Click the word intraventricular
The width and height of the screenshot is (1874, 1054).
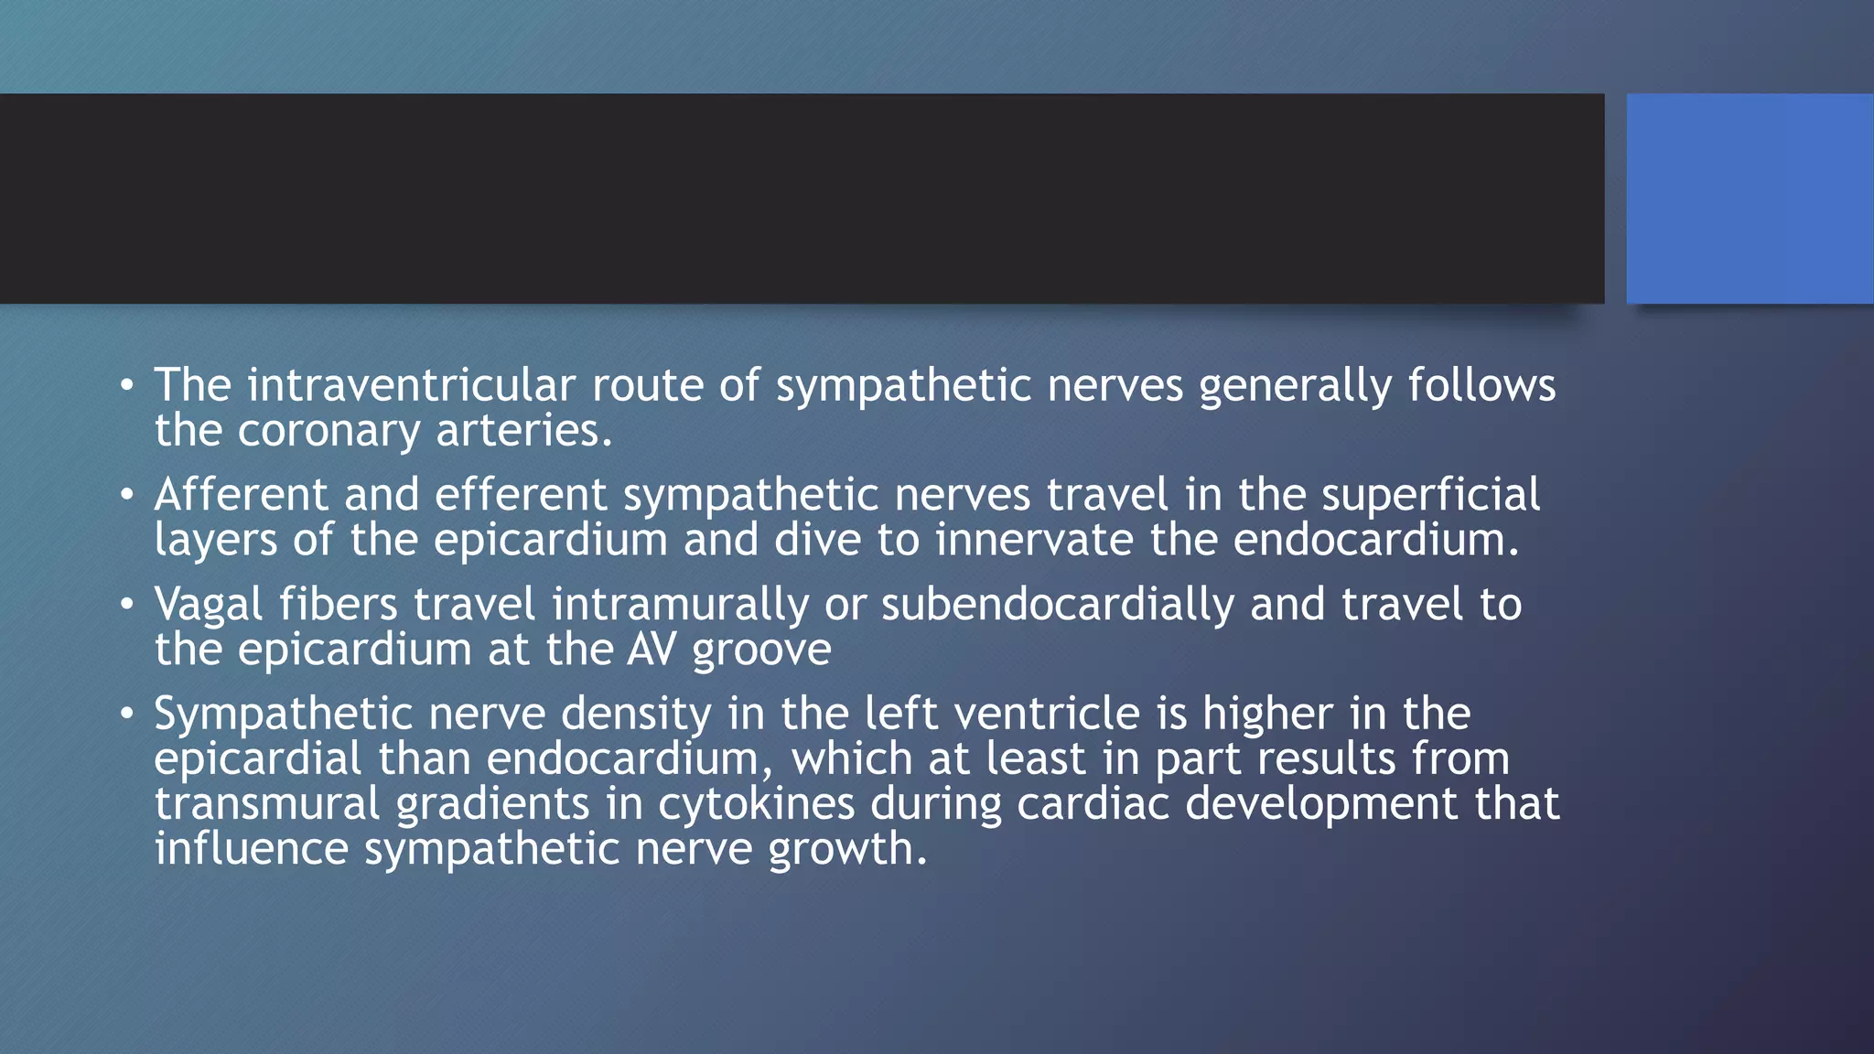(x=411, y=385)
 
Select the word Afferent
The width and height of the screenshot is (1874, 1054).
(x=241, y=495)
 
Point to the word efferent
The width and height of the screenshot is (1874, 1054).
(x=521, y=495)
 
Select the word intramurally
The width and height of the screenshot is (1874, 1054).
(x=680, y=606)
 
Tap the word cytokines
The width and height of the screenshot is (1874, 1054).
(x=756, y=804)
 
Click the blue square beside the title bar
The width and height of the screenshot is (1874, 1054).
(x=1750, y=199)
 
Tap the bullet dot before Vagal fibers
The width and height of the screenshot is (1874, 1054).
(x=127, y=604)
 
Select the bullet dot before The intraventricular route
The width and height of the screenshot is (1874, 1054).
(x=127, y=384)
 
